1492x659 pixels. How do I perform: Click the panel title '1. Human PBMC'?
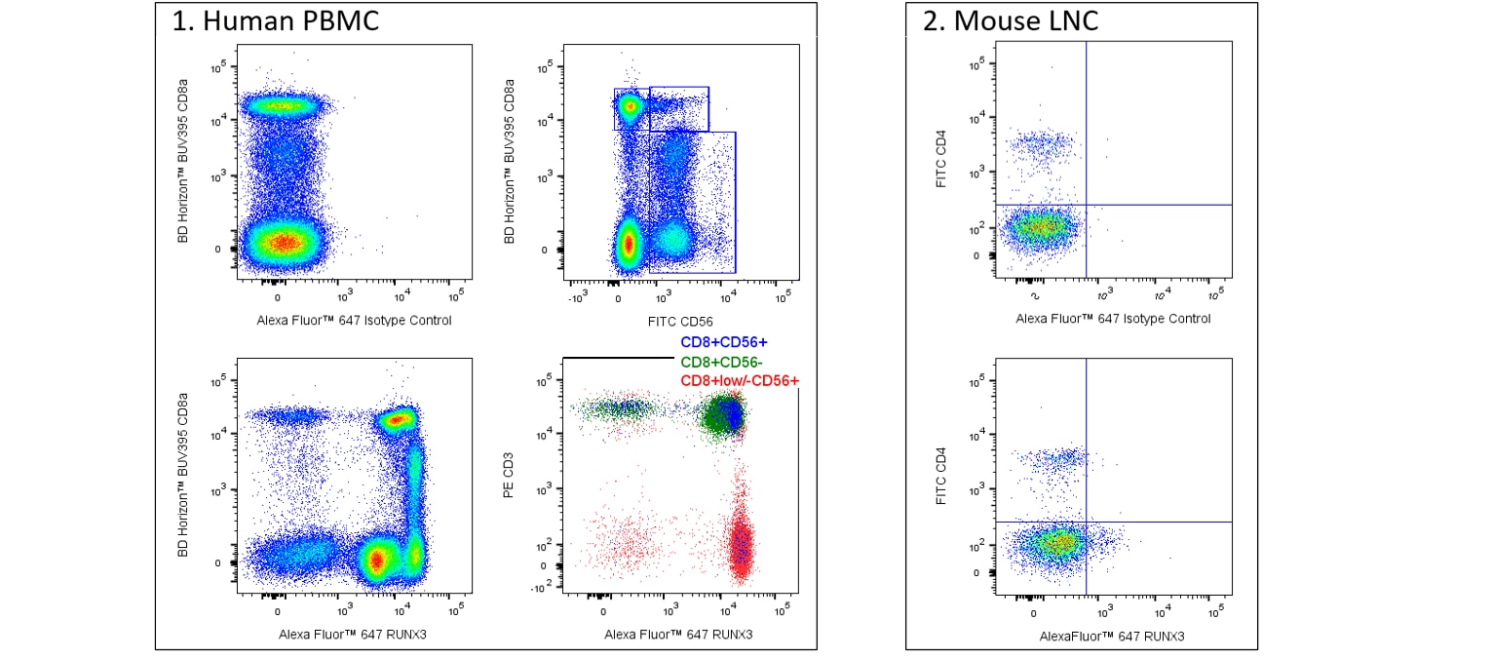click(275, 20)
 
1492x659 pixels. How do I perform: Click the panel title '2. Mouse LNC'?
click(1011, 20)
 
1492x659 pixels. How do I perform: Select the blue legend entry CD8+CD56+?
click(724, 342)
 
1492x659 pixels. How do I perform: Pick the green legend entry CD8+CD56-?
click(721, 362)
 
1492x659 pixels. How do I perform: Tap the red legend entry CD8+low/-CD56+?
click(740, 380)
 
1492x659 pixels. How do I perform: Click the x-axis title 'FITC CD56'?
click(680, 322)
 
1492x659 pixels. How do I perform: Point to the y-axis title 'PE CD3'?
click(509, 475)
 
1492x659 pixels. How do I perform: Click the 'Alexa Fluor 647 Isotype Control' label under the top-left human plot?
click(354, 321)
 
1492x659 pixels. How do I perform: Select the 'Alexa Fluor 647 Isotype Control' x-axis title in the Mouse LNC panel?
click(1113, 319)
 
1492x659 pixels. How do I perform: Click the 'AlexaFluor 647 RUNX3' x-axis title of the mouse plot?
click(1112, 637)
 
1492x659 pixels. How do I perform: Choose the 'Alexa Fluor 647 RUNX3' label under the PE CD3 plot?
click(678, 635)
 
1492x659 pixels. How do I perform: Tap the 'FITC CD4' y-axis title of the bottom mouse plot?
click(941, 476)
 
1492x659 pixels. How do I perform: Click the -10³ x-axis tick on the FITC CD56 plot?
click(578, 298)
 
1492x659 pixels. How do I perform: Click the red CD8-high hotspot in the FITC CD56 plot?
click(629, 105)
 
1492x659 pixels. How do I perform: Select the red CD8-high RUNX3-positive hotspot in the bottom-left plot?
click(398, 420)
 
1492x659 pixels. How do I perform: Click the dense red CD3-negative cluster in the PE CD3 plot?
click(741, 544)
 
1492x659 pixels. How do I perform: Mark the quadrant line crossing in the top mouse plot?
click(1087, 205)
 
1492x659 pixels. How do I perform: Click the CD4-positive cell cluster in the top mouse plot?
click(1041, 144)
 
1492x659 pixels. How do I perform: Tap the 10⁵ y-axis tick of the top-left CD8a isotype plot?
click(218, 67)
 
